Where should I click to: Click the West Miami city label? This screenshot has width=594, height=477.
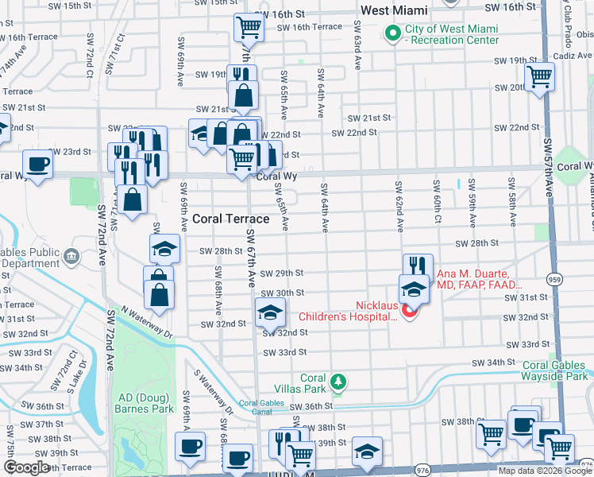click(394, 10)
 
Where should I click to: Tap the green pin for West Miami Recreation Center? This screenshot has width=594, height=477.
click(391, 33)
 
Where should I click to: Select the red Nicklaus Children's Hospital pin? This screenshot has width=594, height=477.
click(410, 311)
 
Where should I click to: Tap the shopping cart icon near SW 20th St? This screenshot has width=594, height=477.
click(540, 77)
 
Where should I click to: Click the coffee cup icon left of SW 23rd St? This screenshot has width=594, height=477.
click(37, 165)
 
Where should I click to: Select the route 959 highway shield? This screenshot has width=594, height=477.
click(555, 279)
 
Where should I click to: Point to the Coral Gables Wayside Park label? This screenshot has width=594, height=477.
click(555, 370)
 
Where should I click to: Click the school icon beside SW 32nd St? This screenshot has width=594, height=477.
click(270, 312)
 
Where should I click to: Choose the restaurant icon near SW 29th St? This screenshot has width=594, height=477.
click(417, 267)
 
